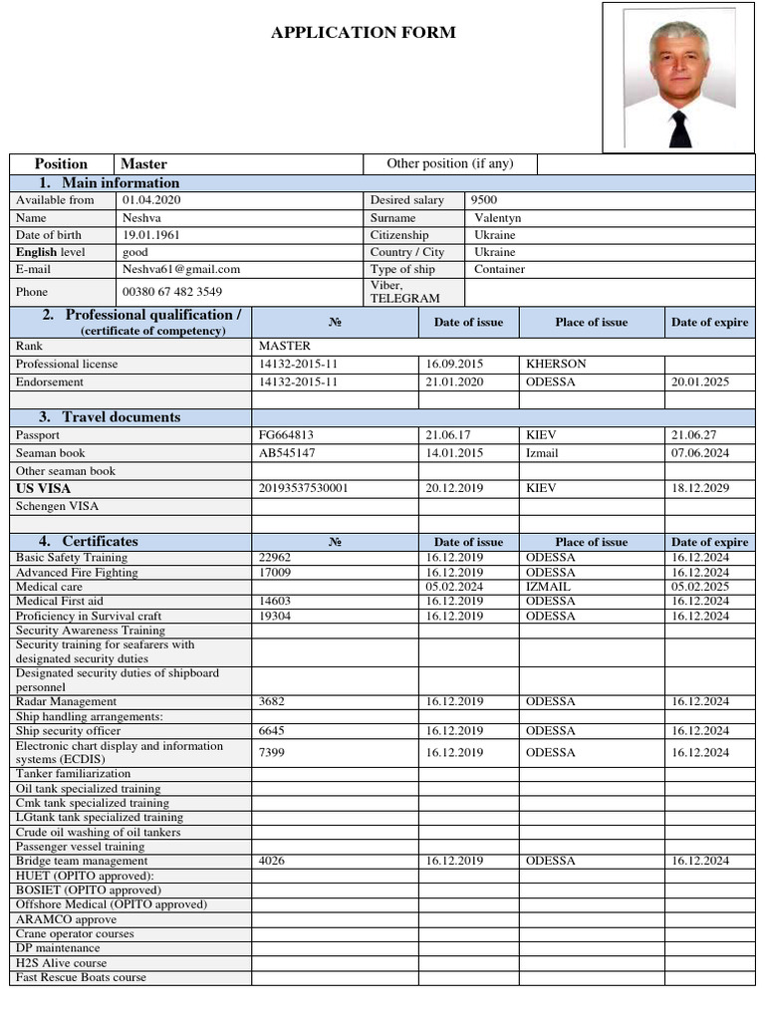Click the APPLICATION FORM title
[364, 33]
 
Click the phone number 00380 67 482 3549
[172, 292]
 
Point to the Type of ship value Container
[499, 269]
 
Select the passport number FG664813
[287, 435]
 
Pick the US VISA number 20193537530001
[303, 488]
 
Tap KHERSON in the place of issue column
[556, 364]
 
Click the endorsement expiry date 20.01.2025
[700, 382]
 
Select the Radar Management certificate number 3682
[272, 701]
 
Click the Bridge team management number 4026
[272, 861]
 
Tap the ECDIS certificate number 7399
[272, 752]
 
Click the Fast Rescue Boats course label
[81, 977]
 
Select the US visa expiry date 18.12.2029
[700, 488]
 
